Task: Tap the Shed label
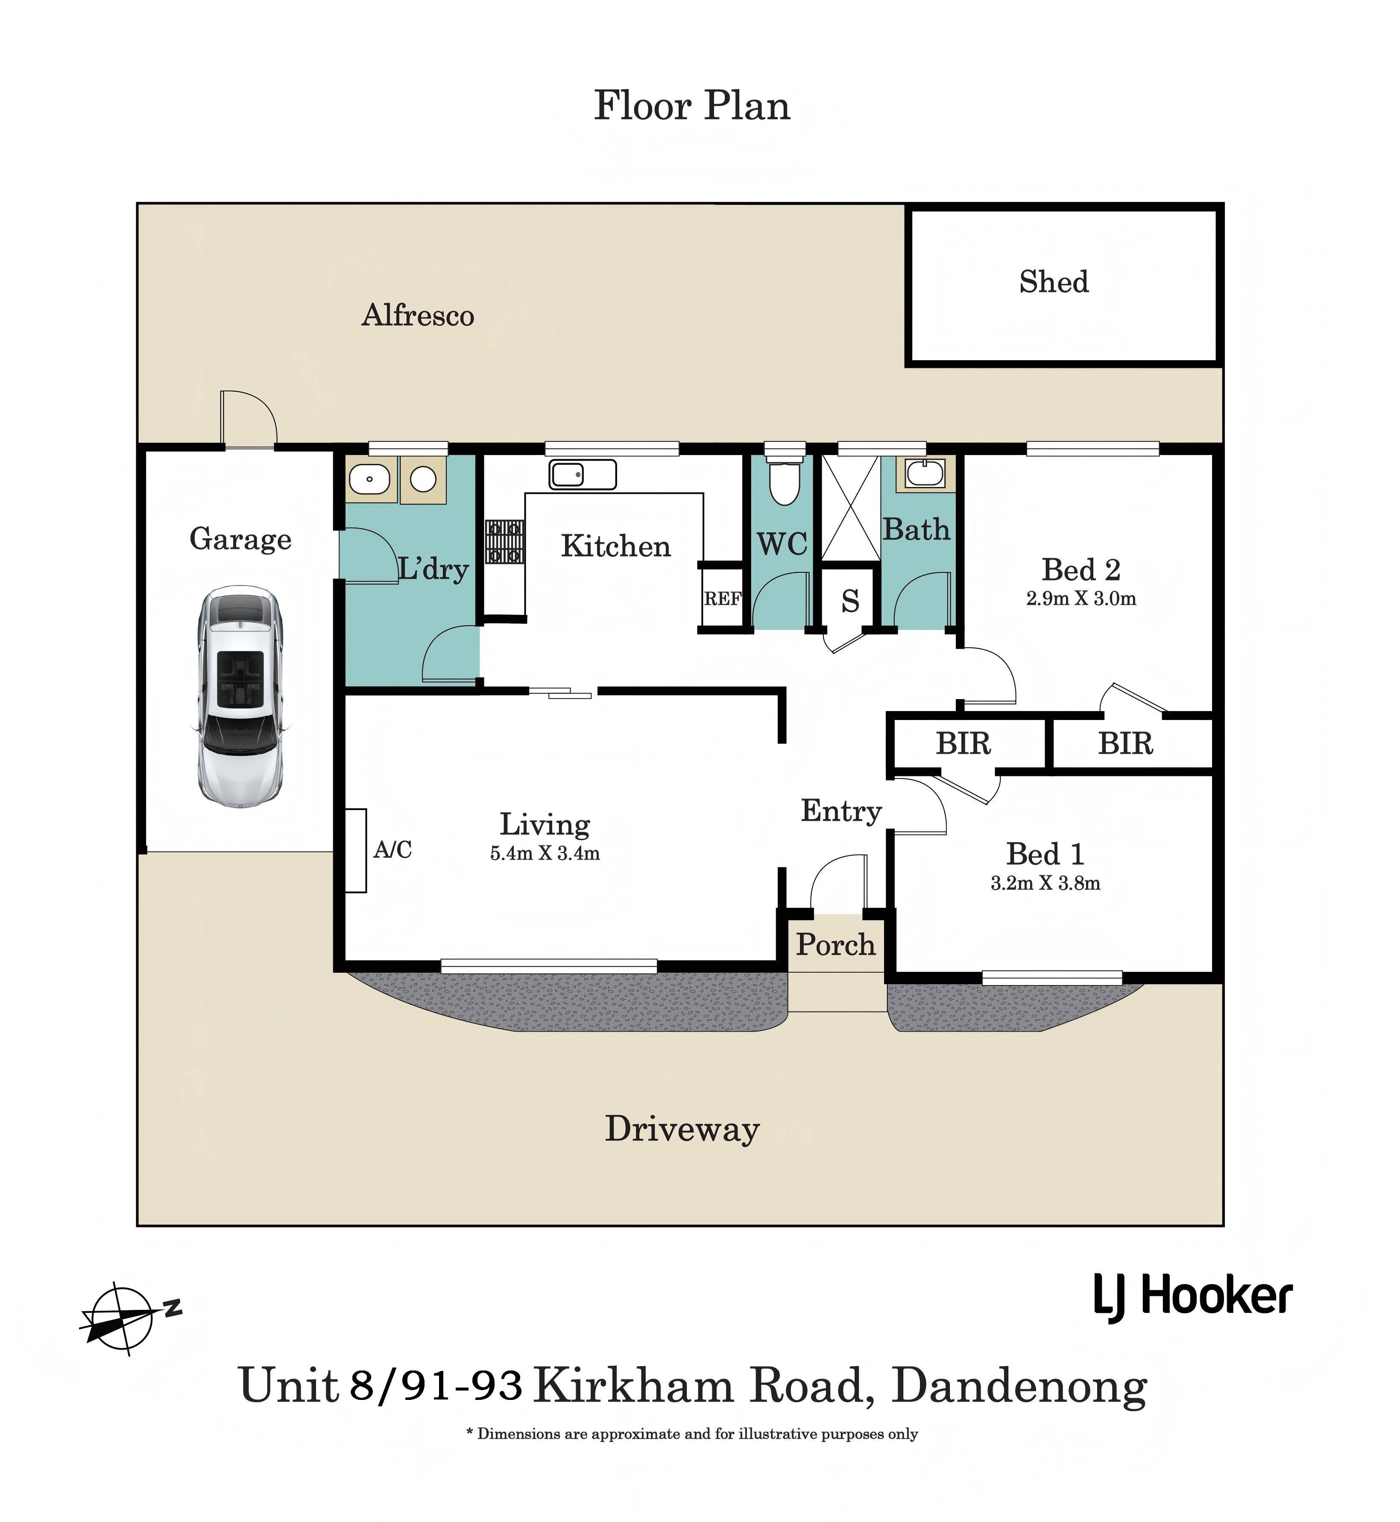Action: tap(1053, 283)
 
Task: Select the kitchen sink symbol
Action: tap(583, 475)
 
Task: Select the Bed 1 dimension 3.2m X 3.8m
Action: tap(1045, 883)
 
